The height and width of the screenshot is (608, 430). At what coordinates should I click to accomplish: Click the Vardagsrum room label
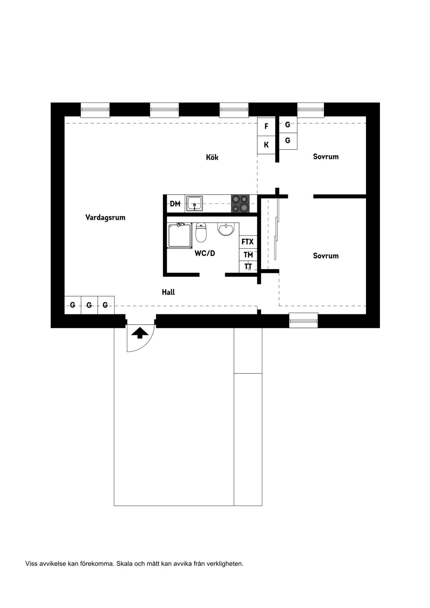[105, 217]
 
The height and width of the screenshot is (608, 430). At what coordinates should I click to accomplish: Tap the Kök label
[212, 157]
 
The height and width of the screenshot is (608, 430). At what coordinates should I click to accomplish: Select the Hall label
[168, 292]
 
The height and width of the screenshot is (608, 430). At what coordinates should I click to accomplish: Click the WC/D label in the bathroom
[205, 253]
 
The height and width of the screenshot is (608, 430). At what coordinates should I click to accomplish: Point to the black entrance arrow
[140, 333]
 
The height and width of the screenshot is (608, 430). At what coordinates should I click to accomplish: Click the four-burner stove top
[240, 203]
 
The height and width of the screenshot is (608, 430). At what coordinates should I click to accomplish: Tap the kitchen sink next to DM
[195, 203]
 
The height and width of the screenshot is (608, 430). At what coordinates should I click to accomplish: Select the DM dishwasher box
[175, 204]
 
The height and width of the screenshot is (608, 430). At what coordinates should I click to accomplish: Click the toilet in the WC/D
[201, 232]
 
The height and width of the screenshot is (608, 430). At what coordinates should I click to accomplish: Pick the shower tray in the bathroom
[180, 236]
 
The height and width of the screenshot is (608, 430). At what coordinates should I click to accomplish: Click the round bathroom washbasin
[226, 229]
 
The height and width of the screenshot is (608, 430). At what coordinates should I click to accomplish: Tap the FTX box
[248, 242]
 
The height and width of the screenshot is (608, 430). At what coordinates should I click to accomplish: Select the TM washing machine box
[248, 255]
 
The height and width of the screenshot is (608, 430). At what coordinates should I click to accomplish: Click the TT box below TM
[248, 267]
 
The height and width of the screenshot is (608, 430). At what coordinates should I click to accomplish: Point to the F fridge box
[266, 126]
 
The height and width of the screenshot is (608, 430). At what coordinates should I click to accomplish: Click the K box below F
[266, 145]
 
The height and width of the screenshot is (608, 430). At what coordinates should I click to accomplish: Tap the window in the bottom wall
[303, 321]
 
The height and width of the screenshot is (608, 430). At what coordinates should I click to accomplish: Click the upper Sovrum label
[326, 157]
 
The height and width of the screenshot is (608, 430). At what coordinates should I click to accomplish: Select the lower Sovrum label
[326, 256]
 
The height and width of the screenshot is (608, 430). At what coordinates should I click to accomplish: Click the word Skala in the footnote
[124, 564]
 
